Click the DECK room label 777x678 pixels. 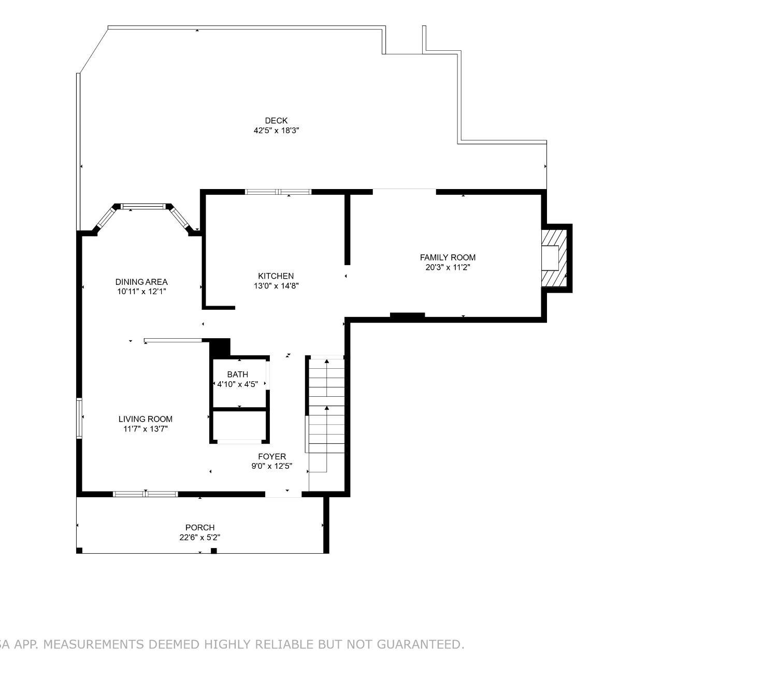[x=276, y=120]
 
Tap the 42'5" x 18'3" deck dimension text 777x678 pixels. [x=276, y=131]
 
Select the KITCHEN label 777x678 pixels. [x=276, y=276]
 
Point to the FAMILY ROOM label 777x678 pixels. [x=448, y=257]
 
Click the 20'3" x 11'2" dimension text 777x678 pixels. [x=448, y=267]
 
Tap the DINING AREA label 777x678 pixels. [x=141, y=282]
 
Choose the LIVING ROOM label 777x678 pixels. [x=145, y=419]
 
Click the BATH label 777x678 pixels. [x=237, y=374]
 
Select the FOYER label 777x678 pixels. [x=271, y=456]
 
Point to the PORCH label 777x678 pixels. [x=200, y=527]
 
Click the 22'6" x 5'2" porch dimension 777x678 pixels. [x=200, y=538]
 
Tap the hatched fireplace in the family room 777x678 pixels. [x=554, y=258]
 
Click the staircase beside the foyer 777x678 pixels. [x=326, y=423]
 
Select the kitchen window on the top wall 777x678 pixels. [x=278, y=192]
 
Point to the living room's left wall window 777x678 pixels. [x=79, y=417]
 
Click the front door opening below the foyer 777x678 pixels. [x=283, y=494]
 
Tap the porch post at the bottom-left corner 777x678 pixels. [x=79, y=551]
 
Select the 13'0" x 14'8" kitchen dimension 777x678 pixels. [x=276, y=286]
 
